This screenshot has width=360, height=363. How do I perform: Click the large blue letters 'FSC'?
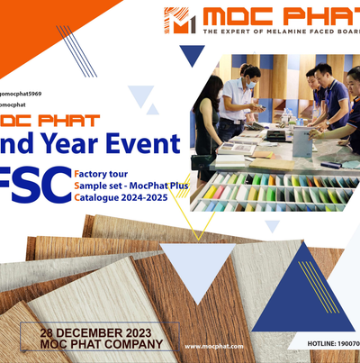pos(29,182)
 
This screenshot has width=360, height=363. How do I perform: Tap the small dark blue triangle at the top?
pos(192,56)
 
